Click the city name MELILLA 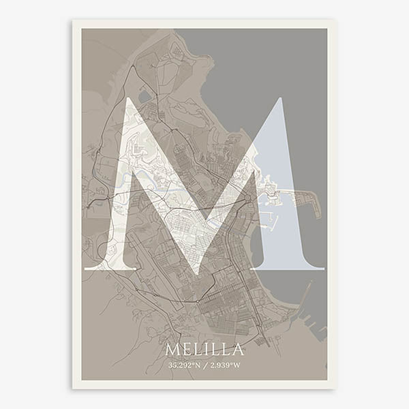[204, 350]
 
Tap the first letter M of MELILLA [172, 350]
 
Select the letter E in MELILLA [187, 350]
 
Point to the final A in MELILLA [237, 350]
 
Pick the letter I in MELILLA [207, 350]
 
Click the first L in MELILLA [198, 350]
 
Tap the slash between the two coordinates [204, 365]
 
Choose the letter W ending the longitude [237, 365]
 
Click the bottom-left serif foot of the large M [110, 267]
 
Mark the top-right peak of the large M [277, 100]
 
